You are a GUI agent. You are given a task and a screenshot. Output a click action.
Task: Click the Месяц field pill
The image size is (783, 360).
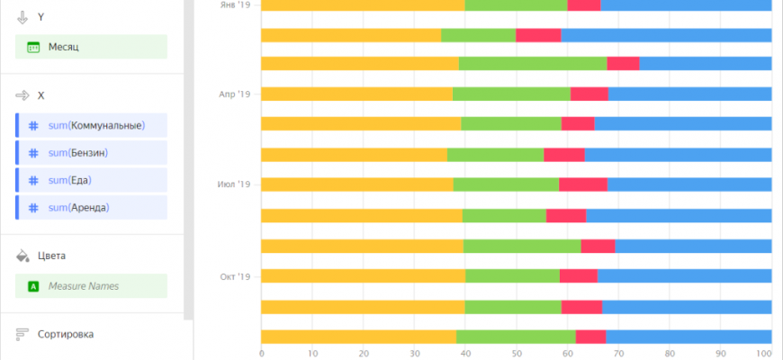pyautogui.click(x=91, y=47)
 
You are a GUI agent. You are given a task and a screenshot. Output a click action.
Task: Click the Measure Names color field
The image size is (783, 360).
pyautogui.click(x=91, y=286)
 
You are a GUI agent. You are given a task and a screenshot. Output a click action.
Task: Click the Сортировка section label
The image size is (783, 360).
pyautogui.click(x=65, y=334)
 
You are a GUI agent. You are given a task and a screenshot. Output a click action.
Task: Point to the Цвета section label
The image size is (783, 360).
pyautogui.click(x=51, y=256)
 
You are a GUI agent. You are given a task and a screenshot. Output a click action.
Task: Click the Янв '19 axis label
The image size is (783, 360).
pyautogui.click(x=235, y=4)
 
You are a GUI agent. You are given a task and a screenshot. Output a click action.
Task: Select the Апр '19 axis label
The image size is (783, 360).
pyautogui.click(x=235, y=94)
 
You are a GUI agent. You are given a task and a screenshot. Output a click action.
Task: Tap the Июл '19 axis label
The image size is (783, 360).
pyautogui.click(x=234, y=184)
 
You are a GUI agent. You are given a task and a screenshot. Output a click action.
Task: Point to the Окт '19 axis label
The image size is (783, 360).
pyautogui.click(x=234, y=275)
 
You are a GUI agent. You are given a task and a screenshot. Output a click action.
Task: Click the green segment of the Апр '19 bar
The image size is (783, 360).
pyautogui.click(x=511, y=94)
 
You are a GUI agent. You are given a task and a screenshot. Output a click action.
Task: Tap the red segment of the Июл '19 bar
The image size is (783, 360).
pyautogui.click(x=583, y=184)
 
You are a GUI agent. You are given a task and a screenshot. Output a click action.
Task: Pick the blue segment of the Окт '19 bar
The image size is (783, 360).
pyautogui.click(x=684, y=275)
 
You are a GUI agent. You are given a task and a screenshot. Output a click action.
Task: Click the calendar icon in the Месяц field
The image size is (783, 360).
pyautogui.click(x=33, y=47)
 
